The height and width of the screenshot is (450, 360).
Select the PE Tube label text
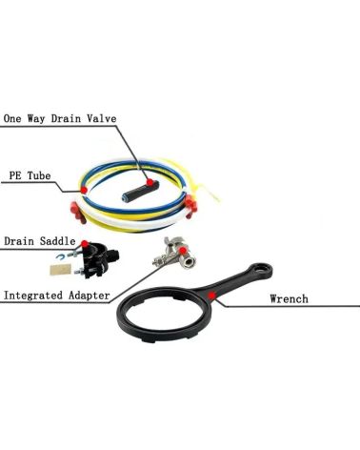click(28, 175)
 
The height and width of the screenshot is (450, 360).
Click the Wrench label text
click(290, 299)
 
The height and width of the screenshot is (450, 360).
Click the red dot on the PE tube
click(85, 189)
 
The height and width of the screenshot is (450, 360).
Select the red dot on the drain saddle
click(87, 244)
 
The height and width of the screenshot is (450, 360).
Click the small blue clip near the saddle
click(58, 257)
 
